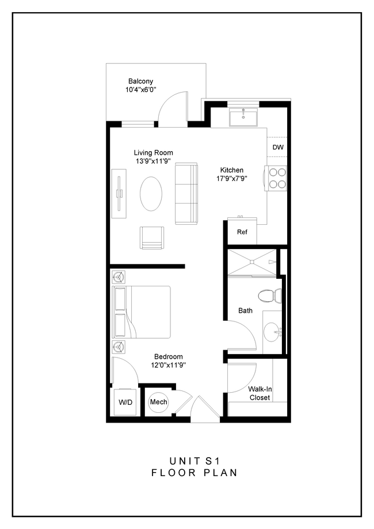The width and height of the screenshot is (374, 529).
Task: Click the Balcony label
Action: pyautogui.click(x=140, y=82)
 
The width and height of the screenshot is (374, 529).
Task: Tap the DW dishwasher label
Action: pyautogui.click(x=278, y=147)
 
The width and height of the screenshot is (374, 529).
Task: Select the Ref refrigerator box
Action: pyautogui.click(x=242, y=232)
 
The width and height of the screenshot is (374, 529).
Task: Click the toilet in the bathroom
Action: pyautogui.click(x=268, y=296)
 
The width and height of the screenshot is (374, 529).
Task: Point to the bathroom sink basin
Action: pyautogui.click(x=273, y=332)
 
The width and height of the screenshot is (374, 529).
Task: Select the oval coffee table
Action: pyautogui.click(x=151, y=194)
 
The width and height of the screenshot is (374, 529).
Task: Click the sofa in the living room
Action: pyautogui.click(x=186, y=193)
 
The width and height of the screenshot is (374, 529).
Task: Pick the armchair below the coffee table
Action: pyautogui.click(x=152, y=238)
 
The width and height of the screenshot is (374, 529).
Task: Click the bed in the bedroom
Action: pyautogui.click(x=142, y=312)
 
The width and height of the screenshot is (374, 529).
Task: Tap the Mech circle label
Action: pyautogui.click(x=158, y=402)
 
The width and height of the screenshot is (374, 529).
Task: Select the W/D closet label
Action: pyautogui.click(x=125, y=402)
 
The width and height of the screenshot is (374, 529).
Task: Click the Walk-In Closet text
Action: pyautogui.click(x=259, y=393)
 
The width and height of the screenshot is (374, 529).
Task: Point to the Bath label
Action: pyautogui.click(x=246, y=310)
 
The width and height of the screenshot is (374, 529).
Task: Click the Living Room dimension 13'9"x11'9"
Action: pyautogui.click(x=153, y=162)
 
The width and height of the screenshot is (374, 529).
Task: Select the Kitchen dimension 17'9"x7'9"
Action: pyautogui.click(x=232, y=179)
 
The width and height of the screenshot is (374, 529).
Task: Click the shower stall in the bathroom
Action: pyautogui.click(x=252, y=262)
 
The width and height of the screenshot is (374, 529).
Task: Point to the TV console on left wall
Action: pyautogui.click(x=119, y=194)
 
